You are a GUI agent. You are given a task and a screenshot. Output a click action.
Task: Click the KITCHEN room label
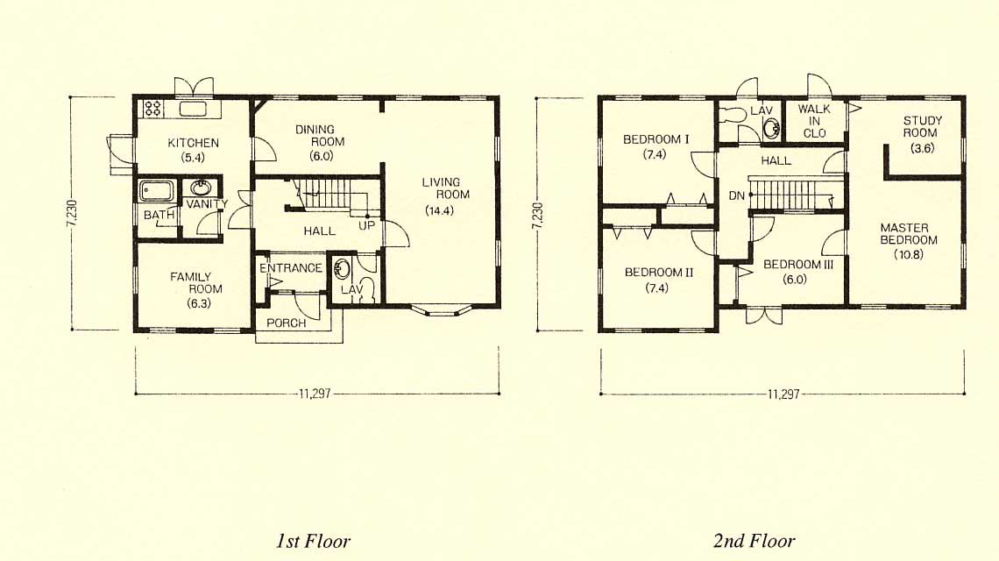193,143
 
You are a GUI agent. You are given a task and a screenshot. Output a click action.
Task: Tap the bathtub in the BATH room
156,190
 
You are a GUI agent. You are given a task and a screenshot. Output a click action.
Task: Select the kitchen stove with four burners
152,109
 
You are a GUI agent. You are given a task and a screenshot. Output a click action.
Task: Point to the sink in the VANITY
202,188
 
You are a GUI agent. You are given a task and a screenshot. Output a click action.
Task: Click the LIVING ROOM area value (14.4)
440,211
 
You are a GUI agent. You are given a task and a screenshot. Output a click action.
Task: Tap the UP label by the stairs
366,225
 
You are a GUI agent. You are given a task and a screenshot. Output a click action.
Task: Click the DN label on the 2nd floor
736,195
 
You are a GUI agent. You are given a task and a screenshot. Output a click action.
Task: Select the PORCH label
286,323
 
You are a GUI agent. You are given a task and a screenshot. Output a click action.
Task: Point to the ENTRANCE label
291,267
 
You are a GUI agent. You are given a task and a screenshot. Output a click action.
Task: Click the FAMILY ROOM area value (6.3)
199,303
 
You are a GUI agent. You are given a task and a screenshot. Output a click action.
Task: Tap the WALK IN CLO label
814,121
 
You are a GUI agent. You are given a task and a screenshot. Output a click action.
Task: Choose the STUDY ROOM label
922,126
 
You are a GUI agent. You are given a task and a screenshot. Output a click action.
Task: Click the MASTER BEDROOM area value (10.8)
909,254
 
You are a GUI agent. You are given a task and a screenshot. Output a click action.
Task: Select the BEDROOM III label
798,264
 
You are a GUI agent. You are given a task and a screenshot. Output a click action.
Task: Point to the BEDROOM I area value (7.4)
655,153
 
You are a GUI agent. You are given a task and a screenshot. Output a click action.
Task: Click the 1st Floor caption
313,541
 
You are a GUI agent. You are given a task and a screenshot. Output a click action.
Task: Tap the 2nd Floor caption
754,541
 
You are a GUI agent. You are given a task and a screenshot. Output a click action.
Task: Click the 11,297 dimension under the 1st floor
315,394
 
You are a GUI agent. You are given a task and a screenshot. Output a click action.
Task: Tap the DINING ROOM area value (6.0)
321,156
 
